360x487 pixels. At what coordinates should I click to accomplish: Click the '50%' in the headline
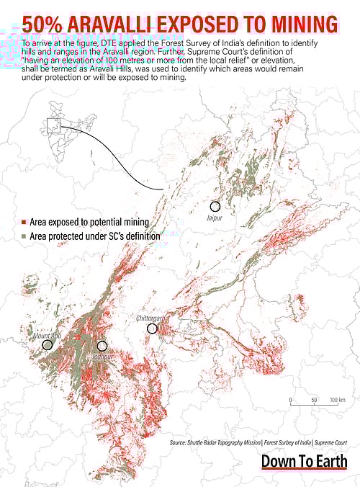45,24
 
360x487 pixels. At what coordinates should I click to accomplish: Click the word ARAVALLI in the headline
118,24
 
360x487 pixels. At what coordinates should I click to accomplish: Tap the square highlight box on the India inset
53,126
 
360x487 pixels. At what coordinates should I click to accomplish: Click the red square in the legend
24,223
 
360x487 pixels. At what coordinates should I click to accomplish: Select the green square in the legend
24,236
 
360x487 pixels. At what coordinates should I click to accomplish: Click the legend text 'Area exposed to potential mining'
89,223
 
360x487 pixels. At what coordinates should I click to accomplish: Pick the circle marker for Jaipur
215,206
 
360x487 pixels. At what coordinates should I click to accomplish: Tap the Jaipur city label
215,217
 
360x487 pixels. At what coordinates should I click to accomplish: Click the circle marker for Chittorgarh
152,329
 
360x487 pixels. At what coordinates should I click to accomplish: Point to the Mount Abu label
47,336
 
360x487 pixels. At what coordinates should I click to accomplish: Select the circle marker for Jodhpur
102,346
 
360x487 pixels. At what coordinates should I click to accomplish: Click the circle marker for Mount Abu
48,345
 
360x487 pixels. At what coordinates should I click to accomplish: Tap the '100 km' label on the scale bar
337,399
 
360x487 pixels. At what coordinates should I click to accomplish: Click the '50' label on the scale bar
314,399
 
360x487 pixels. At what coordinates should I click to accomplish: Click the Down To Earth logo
304,461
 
